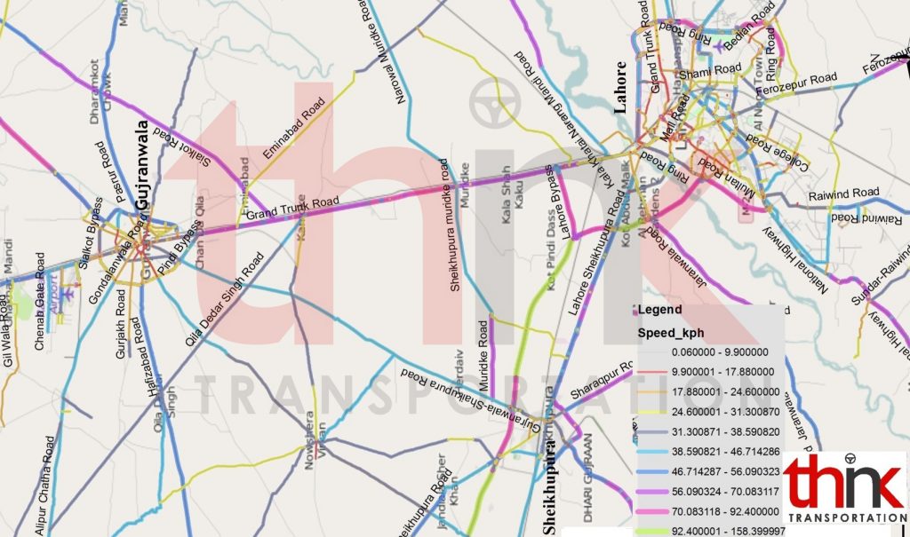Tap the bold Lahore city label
[x=621, y=87]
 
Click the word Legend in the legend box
[x=660, y=311]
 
